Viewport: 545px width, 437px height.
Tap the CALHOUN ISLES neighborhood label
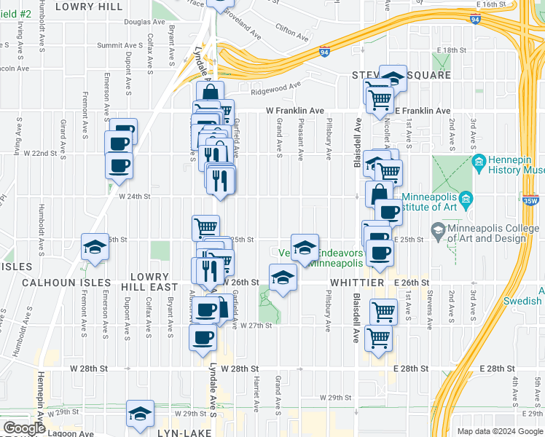56,282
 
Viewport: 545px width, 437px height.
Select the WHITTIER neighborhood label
356,282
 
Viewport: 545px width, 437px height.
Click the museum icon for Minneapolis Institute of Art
466,200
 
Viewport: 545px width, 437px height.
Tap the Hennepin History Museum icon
479,162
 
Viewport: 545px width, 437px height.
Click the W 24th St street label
133,196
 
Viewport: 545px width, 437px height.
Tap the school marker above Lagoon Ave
140,413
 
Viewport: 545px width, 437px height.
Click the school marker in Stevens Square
393,76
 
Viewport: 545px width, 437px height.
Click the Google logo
24,428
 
